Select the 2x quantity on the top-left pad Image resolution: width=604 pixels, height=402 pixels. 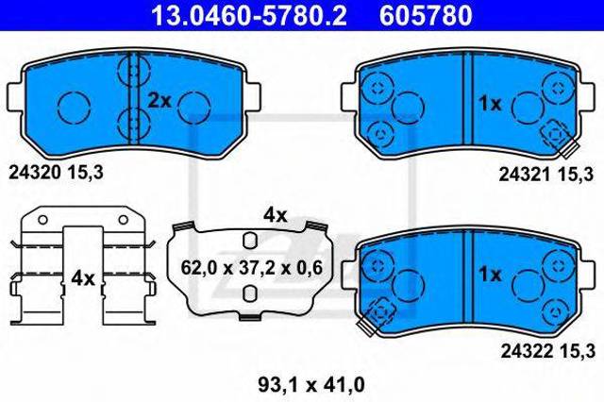[x=158, y=100]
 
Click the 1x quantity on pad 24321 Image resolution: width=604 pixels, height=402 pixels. [x=491, y=104]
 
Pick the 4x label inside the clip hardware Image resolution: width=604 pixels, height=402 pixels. [x=83, y=278]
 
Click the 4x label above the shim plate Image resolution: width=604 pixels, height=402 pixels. [x=275, y=215]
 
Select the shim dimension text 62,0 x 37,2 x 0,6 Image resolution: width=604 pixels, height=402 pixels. [x=251, y=267]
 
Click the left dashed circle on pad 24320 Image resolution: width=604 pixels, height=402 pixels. [x=72, y=107]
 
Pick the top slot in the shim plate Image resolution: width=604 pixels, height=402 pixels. [x=249, y=239]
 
